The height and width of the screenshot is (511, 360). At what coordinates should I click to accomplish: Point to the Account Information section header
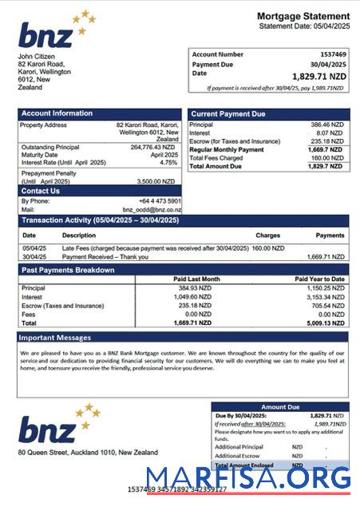tap(52, 113)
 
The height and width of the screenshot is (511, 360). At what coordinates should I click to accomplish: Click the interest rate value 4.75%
tap(168, 162)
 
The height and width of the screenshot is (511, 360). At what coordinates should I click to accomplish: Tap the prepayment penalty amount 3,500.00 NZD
tap(160, 181)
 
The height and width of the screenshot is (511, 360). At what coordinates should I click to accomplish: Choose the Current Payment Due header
tap(228, 114)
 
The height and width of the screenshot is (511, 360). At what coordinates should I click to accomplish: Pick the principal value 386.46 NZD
tap(326, 125)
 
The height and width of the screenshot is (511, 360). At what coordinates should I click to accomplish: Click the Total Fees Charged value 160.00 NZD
tap(326, 158)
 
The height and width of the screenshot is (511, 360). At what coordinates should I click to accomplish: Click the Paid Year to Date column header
tap(319, 279)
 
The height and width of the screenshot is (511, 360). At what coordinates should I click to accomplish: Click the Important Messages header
tap(56, 338)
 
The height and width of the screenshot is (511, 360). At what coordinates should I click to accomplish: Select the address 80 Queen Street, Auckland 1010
tap(88, 453)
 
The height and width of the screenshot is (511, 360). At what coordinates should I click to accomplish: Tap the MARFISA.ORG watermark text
tap(248, 477)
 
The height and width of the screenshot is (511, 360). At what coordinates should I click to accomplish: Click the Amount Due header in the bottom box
tap(279, 407)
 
